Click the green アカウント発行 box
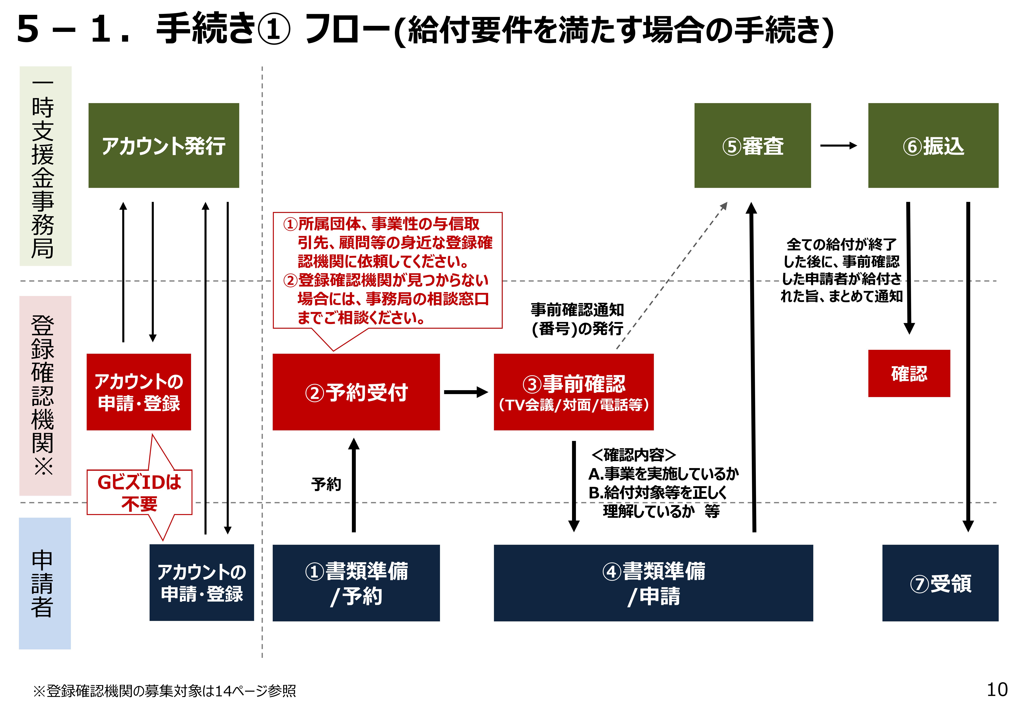[164, 145]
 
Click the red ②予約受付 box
[356, 392]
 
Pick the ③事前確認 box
[573, 392]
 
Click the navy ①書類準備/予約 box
[356, 583]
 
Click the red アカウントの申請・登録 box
[138, 392]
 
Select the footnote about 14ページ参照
[164, 690]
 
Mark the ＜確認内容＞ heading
[633, 454]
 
